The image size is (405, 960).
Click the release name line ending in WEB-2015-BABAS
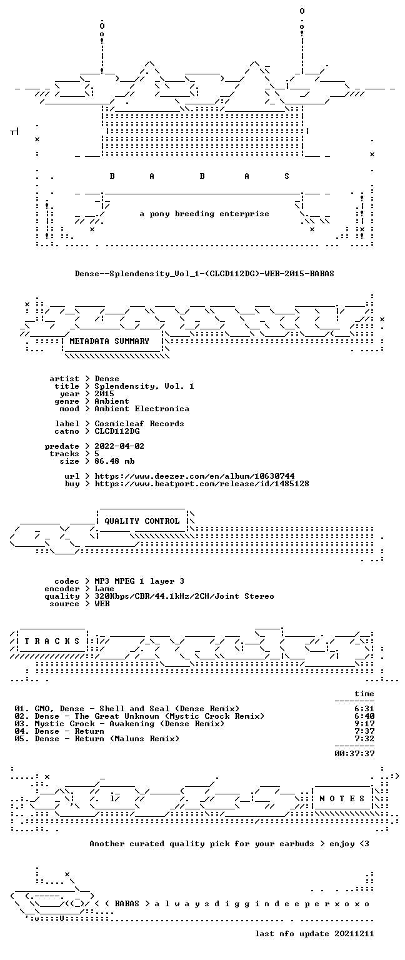pos(204,273)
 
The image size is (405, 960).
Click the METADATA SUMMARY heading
pos(109,341)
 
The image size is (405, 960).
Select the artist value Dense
pos(107,379)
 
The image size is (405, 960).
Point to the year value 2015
pos(104,394)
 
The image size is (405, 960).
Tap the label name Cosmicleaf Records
pos(139,424)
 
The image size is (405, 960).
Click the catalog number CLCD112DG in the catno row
pos(117,431)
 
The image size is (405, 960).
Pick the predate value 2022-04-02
pos(119,446)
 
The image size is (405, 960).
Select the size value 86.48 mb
pos(114,461)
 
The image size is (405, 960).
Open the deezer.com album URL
pos(194,476)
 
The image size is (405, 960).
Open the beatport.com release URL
pos(202,484)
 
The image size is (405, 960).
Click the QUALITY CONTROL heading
pos(142,521)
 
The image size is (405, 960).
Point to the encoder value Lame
pos(104,589)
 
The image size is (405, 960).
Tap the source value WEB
pos(102,604)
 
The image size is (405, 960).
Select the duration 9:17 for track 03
pos(364,724)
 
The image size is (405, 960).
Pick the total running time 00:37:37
pos(354,754)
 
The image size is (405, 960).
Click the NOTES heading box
pos(342,799)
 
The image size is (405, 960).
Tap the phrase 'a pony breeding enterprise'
pos(204,214)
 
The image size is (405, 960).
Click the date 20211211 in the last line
pos(354,934)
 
